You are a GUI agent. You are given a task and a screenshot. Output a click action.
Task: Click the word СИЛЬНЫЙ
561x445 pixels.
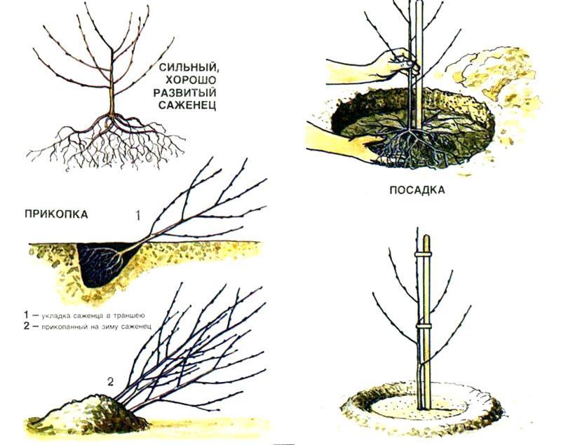point(188,67)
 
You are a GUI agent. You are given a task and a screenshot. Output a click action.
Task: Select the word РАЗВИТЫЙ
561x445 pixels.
point(185,93)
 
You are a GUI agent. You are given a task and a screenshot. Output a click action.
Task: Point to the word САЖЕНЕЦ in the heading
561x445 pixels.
point(188,105)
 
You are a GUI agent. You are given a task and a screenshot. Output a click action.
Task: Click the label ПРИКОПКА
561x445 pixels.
point(56,214)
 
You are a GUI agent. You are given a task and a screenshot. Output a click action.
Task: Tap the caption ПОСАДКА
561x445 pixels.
point(417,190)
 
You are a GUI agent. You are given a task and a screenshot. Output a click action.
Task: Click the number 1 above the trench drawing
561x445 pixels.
point(138,217)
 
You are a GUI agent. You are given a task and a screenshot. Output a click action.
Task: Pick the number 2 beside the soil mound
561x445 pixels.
point(111,382)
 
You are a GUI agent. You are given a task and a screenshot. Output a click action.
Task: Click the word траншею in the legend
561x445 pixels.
point(128,315)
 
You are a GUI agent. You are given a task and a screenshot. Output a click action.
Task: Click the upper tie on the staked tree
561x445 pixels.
point(424,254)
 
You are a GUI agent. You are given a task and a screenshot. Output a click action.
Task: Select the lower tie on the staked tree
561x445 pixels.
point(424,327)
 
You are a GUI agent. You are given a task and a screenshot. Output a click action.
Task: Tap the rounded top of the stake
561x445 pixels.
point(426,239)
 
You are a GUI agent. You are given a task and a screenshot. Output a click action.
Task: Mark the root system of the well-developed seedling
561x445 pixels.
point(107,142)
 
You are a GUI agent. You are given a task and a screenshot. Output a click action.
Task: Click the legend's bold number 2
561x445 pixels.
point(26,326)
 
